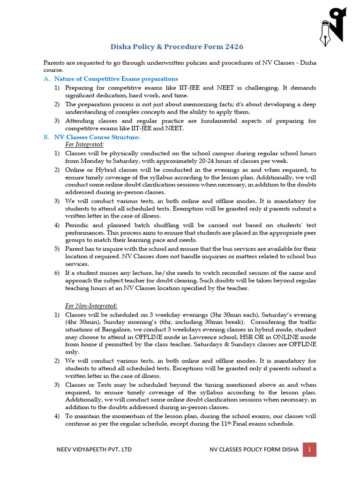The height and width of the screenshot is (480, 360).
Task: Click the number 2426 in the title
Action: point(234,47)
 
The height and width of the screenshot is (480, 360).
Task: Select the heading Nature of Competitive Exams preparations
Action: point(116,79)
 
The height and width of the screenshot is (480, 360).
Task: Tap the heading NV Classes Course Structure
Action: point(97,137)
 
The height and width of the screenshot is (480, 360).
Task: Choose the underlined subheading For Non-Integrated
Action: point(91,306)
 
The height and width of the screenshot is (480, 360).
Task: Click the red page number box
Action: point(309,450)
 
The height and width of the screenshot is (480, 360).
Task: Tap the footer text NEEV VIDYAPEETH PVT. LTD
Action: point(94,450)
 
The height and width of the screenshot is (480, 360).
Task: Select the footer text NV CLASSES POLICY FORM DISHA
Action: point(254,450)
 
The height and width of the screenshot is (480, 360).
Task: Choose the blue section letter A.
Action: point(46,79)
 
